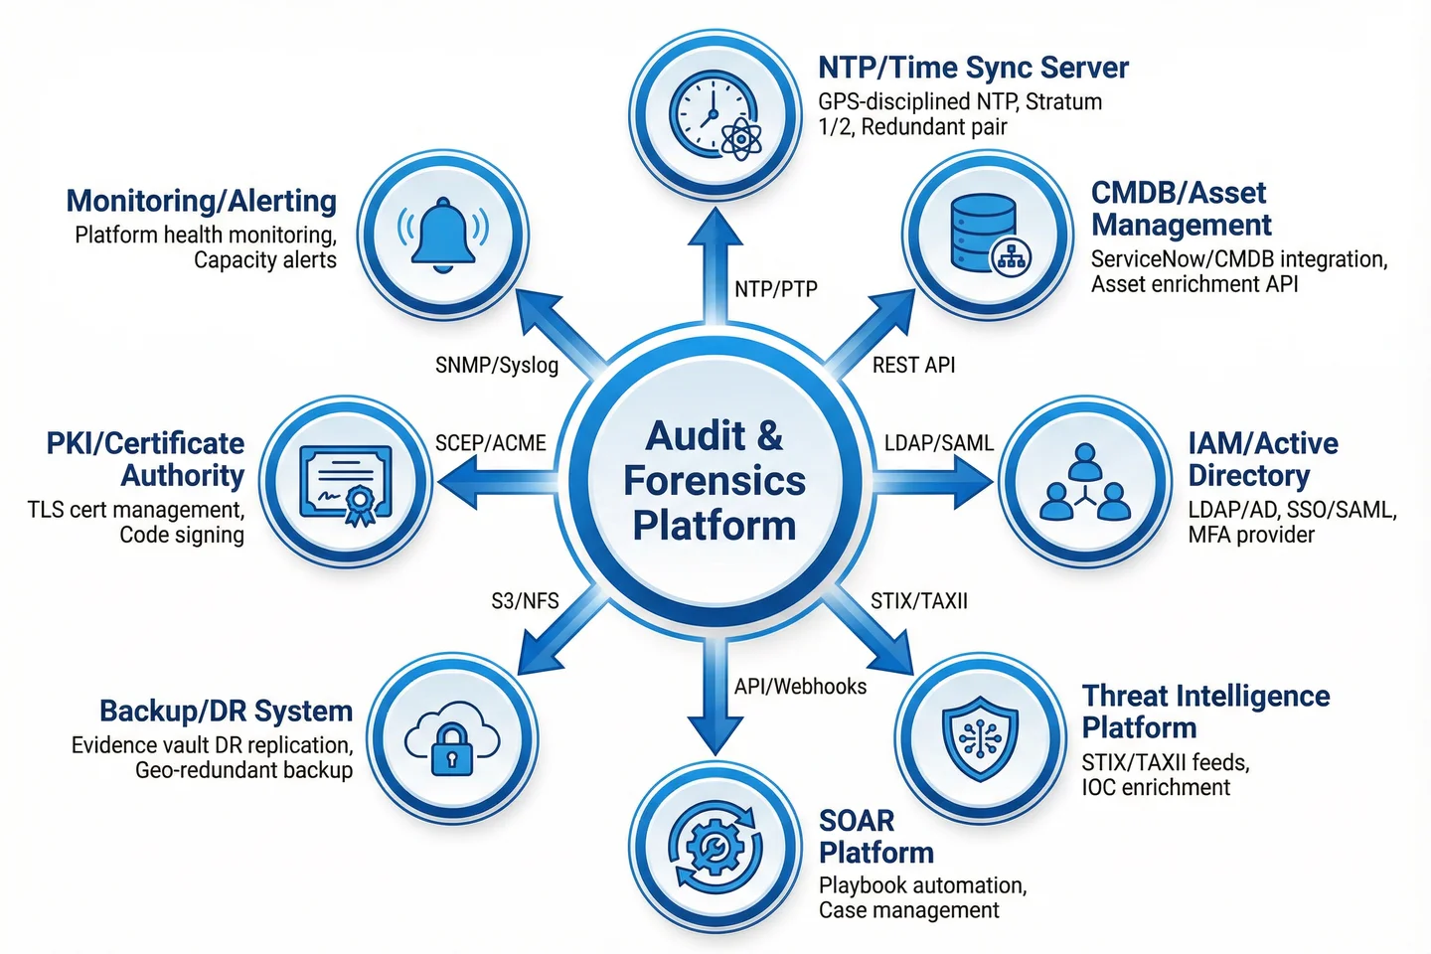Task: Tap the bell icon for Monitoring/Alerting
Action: (443, 235)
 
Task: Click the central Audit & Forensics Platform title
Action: (715, 480)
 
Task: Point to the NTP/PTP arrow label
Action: (776, 289)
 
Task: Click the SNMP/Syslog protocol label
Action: (497, 365)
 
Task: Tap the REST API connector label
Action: (913, 365)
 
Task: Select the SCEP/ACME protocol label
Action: (491, 443)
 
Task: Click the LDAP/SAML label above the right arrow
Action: (939, 443)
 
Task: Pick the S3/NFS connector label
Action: (525, 601)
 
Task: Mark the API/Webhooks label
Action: (800, 687)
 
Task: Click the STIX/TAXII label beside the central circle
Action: (919, 601)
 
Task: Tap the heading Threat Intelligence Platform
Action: (1205, 712)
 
